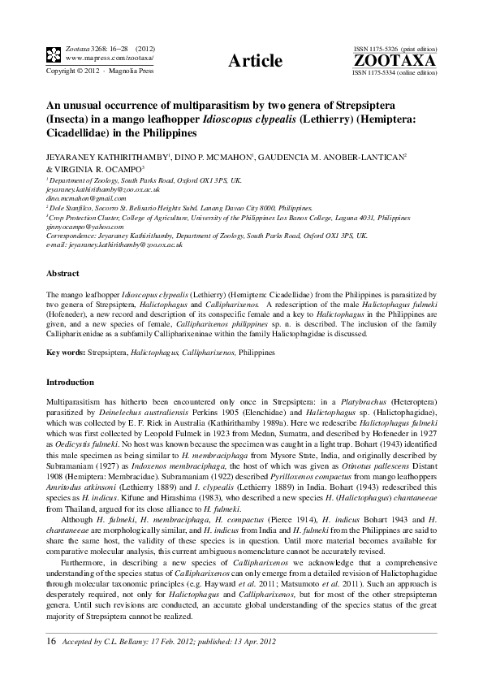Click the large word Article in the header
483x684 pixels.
pos(256,61)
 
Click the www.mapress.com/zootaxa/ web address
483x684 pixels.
pos(99,58)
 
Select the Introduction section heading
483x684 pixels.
pos(70,382)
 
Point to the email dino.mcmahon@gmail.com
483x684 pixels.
pos(81,198)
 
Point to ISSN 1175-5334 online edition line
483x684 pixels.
pos(393,72)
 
